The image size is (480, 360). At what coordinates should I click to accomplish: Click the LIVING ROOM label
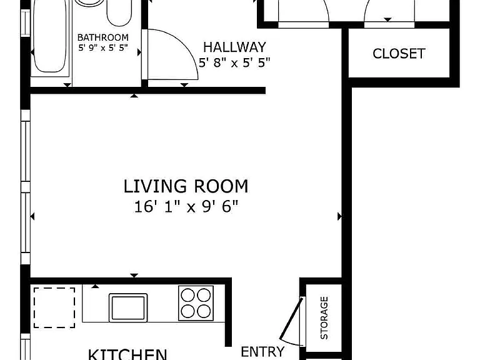click(x=186, y=186)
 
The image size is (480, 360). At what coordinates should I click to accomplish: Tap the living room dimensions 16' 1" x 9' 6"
click(x=186, y=207)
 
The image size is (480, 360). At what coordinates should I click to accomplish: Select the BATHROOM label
click(x=103, y=37)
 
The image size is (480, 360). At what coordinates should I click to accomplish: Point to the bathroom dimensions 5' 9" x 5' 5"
click(x=103, y=47)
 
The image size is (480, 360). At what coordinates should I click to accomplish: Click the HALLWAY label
click(x=235, y=47)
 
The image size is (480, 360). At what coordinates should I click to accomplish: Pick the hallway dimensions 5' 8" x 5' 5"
click(x=235, y=62)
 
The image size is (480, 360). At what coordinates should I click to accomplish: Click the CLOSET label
click(x=399, y=54)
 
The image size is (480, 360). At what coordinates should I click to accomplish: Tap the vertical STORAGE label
click(x=324, y=317)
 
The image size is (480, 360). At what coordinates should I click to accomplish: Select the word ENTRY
click(x=262, y=352)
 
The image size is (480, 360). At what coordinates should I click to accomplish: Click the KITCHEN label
click(x=127, y=354)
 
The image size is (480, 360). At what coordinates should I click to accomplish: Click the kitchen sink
click(x=128, y=307)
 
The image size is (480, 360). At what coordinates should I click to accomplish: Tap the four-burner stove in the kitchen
click(x=196, y=303)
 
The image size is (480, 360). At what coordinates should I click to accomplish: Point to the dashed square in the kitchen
click(x=54, y=307)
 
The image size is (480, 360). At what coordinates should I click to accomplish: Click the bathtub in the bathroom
click(x=49, y=37)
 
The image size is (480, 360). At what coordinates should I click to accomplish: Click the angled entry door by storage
click(x=291, y=318)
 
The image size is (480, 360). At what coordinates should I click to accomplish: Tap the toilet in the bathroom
click(x=119, y=13)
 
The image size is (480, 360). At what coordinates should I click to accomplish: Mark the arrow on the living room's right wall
click(x=339, y=216)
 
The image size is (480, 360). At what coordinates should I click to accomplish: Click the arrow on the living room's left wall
click(x=32, y=216)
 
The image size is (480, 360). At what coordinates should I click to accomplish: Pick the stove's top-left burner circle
click(x=187, y=296)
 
